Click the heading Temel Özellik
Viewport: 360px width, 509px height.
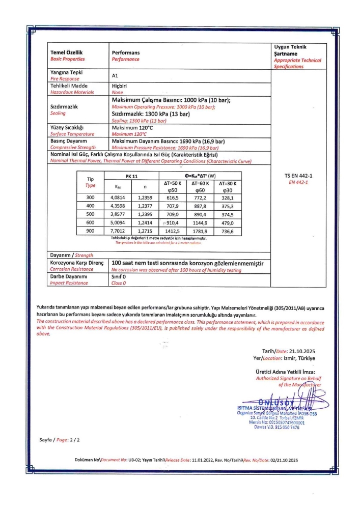click(66, 52)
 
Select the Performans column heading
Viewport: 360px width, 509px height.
click(126, 52)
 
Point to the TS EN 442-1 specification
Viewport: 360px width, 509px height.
click(295, 176)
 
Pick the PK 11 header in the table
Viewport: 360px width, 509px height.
click(131, 176)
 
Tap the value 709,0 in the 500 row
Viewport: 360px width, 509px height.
click(173, 214)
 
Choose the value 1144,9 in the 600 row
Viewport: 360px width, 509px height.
click(201, 222)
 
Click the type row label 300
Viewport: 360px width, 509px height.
click(91, 198)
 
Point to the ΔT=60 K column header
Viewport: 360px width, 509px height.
click(201, 183)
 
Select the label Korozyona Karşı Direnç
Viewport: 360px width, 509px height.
click(77, 263)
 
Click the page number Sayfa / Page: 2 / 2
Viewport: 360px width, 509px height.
click(60, 439)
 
